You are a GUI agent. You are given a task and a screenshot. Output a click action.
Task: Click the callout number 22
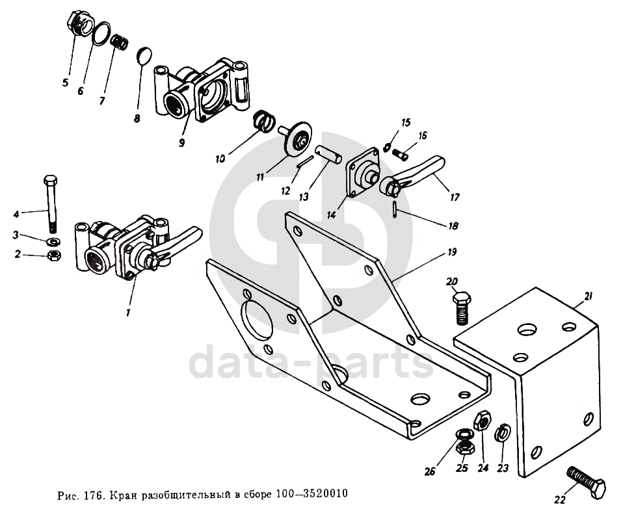[559, 499]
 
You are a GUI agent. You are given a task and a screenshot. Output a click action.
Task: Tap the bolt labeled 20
[461, 308]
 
